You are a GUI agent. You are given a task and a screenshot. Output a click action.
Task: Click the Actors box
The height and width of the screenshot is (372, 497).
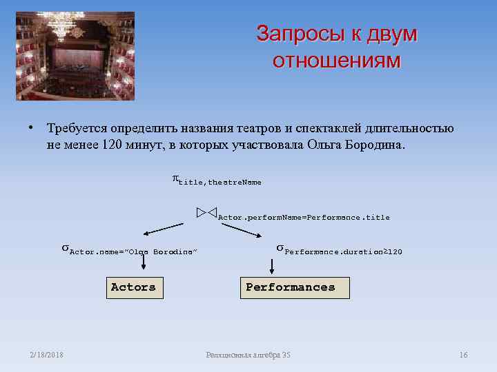(x=135, y=287)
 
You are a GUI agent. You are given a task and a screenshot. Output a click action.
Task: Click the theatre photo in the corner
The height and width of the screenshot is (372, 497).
(x=75, y=56)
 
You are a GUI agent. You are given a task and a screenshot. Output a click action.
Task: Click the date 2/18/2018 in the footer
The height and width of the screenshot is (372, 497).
(x=47, y=355)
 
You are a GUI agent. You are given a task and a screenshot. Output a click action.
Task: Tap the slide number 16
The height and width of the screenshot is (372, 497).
(x=463, y=355)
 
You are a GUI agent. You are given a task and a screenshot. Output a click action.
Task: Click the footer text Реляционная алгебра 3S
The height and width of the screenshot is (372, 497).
(x=248, y=355)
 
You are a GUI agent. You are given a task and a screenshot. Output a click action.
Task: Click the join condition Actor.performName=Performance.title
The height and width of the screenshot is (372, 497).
(x=304, y=218)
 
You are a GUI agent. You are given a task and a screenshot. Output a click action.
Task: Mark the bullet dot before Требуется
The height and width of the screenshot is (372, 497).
(x=32, y=128)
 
